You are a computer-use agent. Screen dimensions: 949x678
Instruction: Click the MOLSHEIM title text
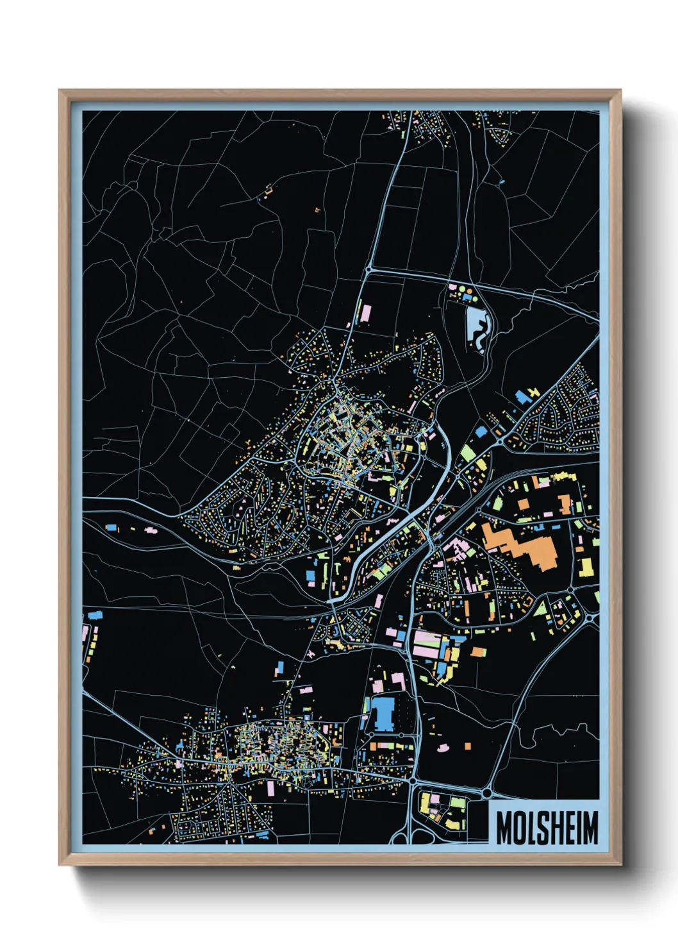coord(547,828)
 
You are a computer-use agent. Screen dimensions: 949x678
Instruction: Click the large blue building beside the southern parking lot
coord(383,714)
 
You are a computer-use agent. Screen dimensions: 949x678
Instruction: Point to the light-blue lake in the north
coord(477,323)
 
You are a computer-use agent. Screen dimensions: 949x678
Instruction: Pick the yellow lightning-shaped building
coord(533,392)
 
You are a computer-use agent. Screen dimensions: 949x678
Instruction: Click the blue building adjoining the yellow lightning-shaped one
coord(523,397)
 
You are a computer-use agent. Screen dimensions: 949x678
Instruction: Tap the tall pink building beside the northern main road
coord(366,313)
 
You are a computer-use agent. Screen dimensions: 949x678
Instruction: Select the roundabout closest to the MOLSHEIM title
coord(486,794)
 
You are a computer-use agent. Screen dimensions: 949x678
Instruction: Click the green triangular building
coord(542,607)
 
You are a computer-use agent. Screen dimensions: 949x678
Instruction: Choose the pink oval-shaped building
coord(442,747)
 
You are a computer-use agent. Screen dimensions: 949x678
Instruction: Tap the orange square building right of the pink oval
coord(467,746)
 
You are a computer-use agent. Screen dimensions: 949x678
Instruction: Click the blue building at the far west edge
coord(95,615)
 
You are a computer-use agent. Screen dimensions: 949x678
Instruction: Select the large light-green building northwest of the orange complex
coord(468,453)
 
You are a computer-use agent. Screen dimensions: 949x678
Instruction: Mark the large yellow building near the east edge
coord(586,567)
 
